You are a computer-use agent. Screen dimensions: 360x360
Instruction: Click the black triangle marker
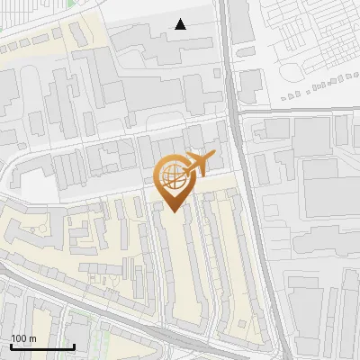click(x=181, y=24)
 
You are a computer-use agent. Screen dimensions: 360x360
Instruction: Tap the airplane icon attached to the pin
click(x=199, y=164)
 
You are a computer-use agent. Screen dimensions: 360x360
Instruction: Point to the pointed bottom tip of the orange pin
click(x=171, y=211)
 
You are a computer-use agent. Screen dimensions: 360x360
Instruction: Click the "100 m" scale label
click(x=23, y=338)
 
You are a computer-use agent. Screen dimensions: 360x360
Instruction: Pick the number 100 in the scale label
click(x=19, y=338)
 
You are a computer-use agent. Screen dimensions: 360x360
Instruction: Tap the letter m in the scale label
click(x=32, y=338)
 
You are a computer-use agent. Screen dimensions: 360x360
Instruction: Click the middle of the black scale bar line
click(x=42, y=346)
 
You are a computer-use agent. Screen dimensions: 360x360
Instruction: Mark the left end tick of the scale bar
click(x=11, y=346)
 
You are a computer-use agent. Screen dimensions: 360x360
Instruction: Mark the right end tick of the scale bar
click(x=74, y=346)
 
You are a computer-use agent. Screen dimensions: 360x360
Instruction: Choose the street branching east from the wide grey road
click(x=297, y=111)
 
